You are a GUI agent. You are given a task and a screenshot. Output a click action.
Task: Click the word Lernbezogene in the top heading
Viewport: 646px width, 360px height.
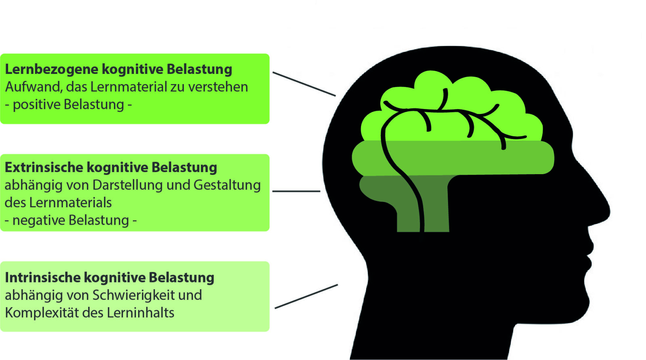coord(51,69)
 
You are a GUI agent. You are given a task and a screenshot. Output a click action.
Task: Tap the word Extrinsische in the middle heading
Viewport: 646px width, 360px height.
coord(43,167)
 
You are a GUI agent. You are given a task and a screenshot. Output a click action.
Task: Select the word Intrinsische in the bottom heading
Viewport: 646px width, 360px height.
coord(42,278)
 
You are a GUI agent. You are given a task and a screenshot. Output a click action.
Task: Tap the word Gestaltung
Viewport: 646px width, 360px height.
coord(227,185)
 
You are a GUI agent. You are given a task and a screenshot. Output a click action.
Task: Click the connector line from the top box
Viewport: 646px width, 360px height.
coord(304,84)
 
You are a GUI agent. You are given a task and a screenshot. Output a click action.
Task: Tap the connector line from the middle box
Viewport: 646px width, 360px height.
coord(296,191)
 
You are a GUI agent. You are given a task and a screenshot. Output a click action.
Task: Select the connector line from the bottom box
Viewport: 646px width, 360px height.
coord(306,296)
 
